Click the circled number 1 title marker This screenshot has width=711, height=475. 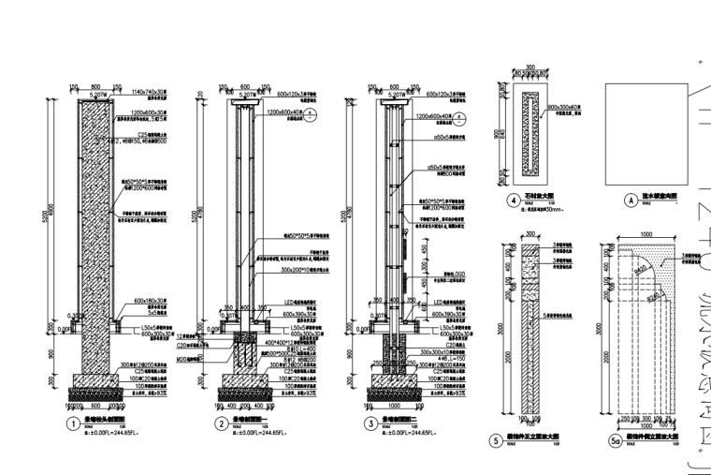click(71, 423)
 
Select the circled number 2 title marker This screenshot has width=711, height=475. click(221, 423)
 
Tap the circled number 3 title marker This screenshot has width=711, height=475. click(370, 423)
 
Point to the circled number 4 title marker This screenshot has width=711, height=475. click(513, 200)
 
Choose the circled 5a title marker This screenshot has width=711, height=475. click(615, 440)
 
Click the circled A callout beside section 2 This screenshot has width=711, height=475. click(312, 113)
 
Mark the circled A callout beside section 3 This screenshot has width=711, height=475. click(462, 113)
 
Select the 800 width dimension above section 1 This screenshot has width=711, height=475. click(94, 87)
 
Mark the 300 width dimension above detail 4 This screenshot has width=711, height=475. click(530, 67)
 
